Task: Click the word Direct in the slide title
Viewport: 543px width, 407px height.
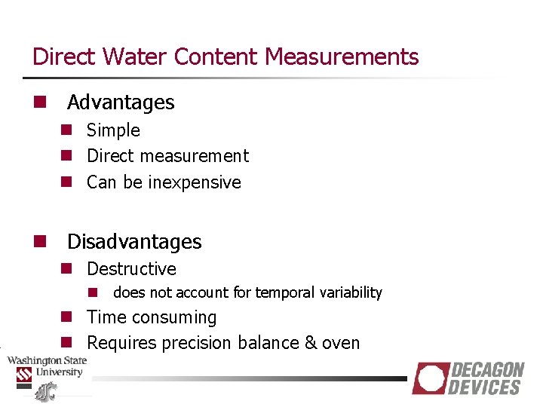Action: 63,57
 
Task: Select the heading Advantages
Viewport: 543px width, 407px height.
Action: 121,103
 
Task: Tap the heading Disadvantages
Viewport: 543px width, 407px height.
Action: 134,242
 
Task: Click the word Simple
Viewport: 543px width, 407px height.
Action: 113,130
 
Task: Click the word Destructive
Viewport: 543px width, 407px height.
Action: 131,269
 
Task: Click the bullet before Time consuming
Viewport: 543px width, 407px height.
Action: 66,317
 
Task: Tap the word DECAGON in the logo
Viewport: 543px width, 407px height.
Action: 487,370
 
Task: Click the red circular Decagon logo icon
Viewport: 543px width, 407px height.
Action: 430,378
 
